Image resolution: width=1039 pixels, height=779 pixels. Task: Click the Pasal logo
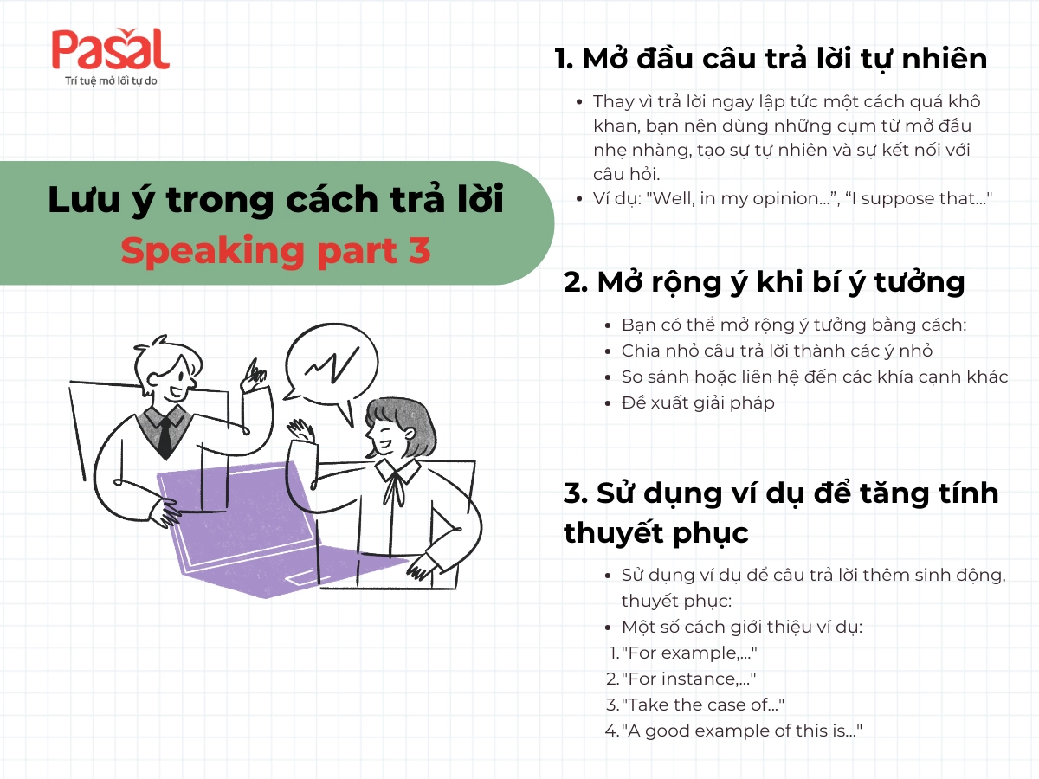[x=110, y=51]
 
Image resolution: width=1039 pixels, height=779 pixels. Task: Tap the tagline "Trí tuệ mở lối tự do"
[x=110, y=81]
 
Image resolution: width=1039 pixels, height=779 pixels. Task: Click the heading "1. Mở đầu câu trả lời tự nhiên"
[x=771, y=59]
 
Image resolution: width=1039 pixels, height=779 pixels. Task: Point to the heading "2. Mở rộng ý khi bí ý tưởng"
[x=764, y=282]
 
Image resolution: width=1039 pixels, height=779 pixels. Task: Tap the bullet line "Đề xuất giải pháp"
[x=698, y=402]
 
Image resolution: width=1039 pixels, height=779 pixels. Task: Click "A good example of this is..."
[x=739, y=731]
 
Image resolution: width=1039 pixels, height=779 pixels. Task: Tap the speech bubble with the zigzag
[x=332, y=364]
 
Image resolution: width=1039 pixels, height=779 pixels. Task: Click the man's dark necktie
[x=164, y=436]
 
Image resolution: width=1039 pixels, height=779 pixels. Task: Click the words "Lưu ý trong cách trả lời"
[x=275, y=200]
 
